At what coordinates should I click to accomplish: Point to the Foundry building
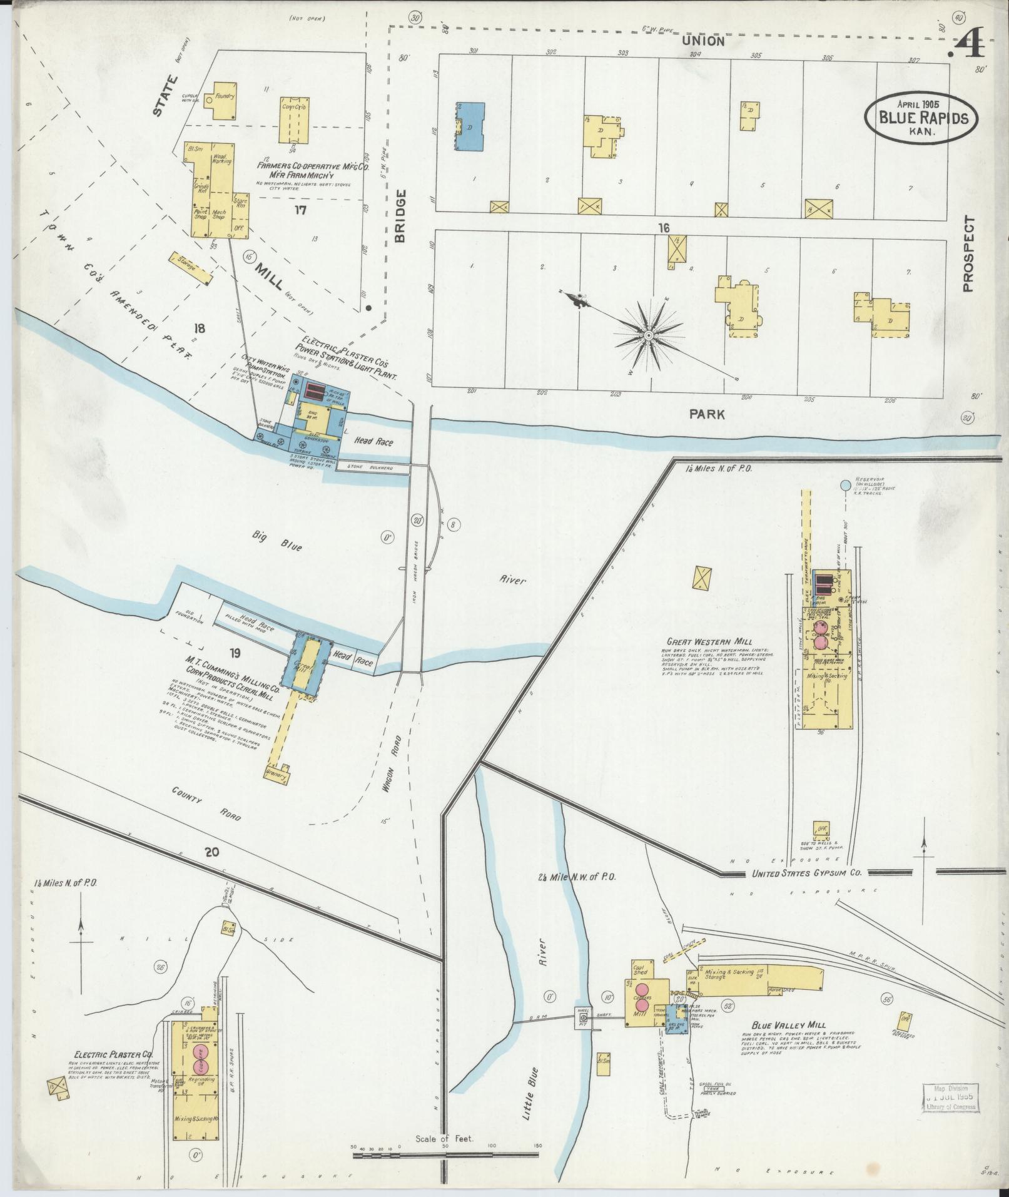pos(224,101)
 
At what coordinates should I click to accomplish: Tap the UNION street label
pos(702,41)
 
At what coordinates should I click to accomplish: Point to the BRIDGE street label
pos(400,216)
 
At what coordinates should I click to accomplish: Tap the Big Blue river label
pos(278,541)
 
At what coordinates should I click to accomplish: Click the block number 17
pos(300,210)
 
